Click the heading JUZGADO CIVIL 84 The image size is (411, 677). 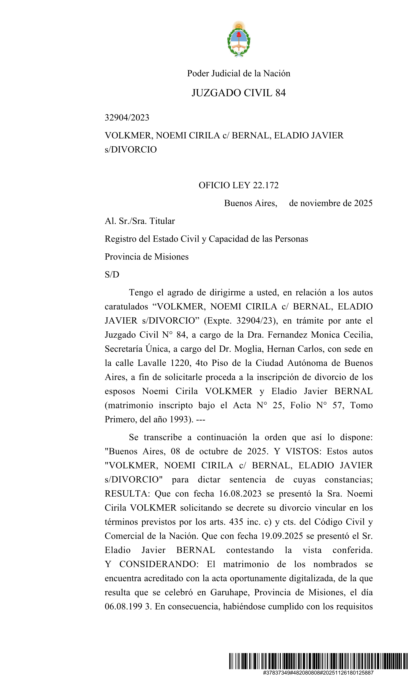click(239, 93)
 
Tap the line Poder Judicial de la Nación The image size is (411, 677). click(239, 73)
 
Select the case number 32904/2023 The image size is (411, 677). click(127, 118)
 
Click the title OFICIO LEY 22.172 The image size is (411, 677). click(239, 185)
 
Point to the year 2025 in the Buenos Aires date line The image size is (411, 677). click(363, 203)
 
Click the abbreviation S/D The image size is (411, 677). click(112, 275)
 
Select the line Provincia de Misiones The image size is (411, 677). click(147, 257)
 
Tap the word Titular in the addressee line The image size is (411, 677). click(162, 221)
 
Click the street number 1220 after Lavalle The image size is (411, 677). click(181, 363)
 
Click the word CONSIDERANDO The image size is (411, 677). click(159, 564)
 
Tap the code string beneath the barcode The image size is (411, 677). click(318, 673)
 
